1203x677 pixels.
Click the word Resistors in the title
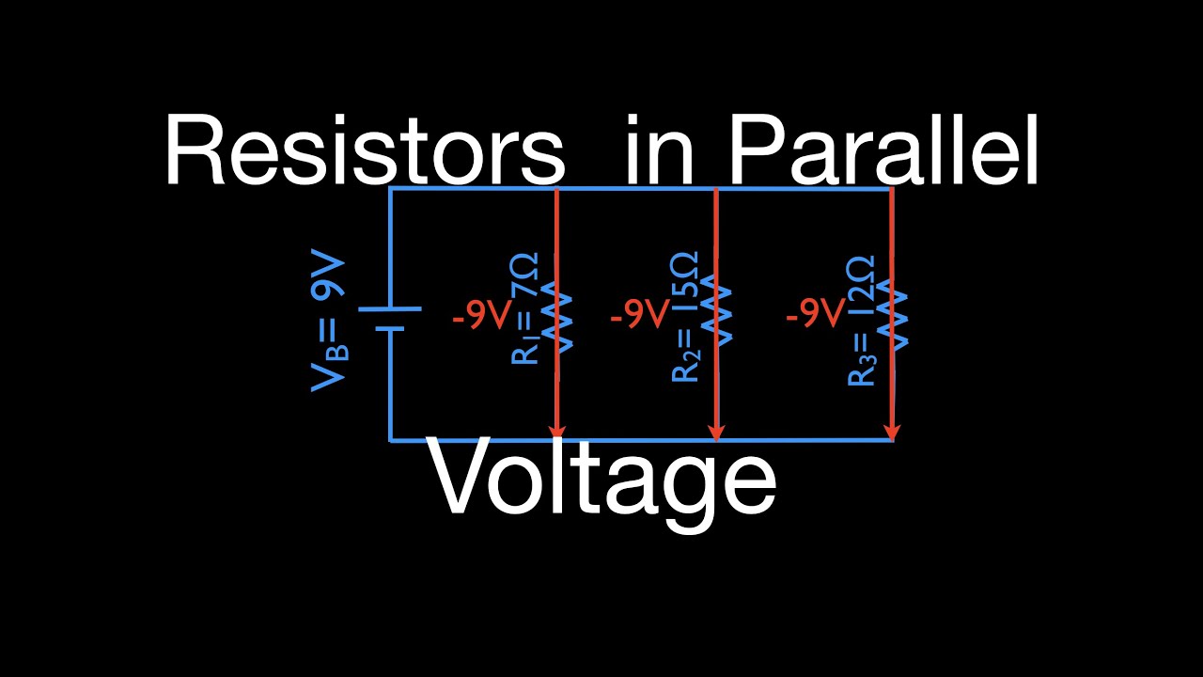[x=365, y=150]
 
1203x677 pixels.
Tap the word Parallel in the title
[x=883, y=150]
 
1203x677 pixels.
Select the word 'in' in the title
[x=658, y=150]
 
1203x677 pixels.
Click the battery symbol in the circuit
[x=389, y=318]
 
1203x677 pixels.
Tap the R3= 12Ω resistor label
[x=861, y=320]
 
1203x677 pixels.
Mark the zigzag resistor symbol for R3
[x=892, y=320]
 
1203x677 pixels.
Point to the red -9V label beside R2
[x=639, y=316]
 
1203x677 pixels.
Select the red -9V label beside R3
[x=815, y=316]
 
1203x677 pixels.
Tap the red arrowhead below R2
[x=717, y=431]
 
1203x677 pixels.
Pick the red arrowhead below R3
[x=892, y=431]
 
